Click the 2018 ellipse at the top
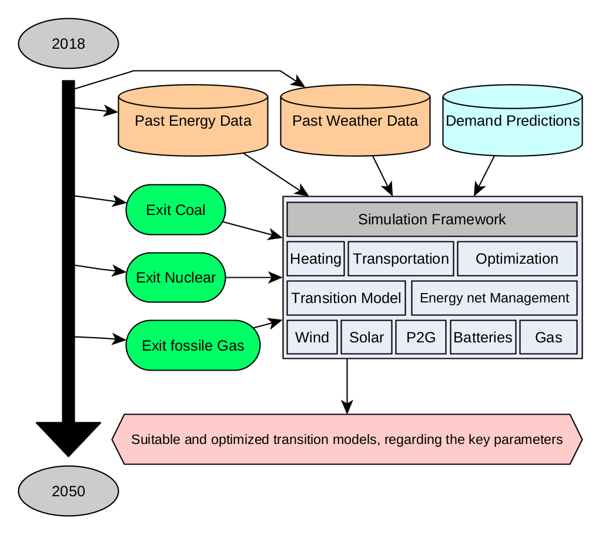[69, 43]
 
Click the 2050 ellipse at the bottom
[69, 491]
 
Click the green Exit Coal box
[176, 210]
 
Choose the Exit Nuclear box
[176, 277]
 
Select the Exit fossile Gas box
[193, 345]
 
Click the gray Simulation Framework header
[432, 219]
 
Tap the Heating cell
[316, 258]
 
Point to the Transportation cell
[401, 258]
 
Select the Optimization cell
[517, 258]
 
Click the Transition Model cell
[346, 298]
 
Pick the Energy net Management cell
[494, 298]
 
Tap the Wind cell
[312, 337]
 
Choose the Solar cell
[366, 337]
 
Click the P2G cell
[421, 337]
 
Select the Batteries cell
[483, 337]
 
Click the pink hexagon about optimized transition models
[347, 439]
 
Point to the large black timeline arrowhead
[69, 438]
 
